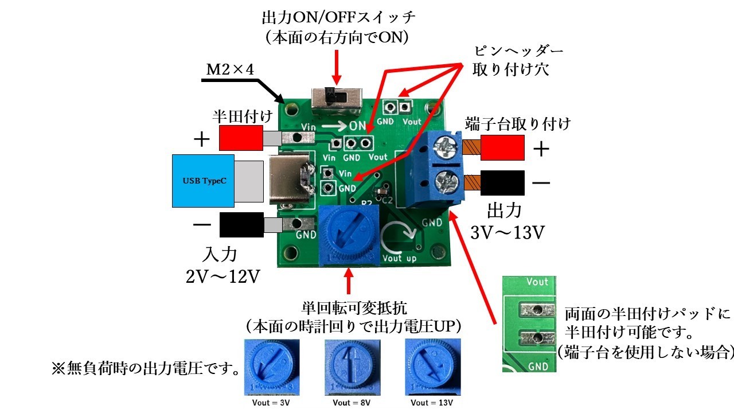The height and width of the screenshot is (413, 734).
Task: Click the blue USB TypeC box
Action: point(203,181)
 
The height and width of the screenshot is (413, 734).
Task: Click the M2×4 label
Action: point(230,70)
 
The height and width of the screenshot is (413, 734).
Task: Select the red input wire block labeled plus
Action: point(241,138)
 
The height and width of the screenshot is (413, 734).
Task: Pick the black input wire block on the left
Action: point(241,224)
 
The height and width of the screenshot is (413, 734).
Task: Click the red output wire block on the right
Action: point(502,148)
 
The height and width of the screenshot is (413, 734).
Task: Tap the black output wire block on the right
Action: point(502,184)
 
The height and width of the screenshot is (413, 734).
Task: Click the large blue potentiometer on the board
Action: point(349,235)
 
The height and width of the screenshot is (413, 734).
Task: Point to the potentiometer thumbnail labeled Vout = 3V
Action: point(270,368)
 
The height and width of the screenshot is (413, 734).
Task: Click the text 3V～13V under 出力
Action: point(505,233)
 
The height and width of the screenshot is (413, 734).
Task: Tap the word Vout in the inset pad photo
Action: point(537,282)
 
